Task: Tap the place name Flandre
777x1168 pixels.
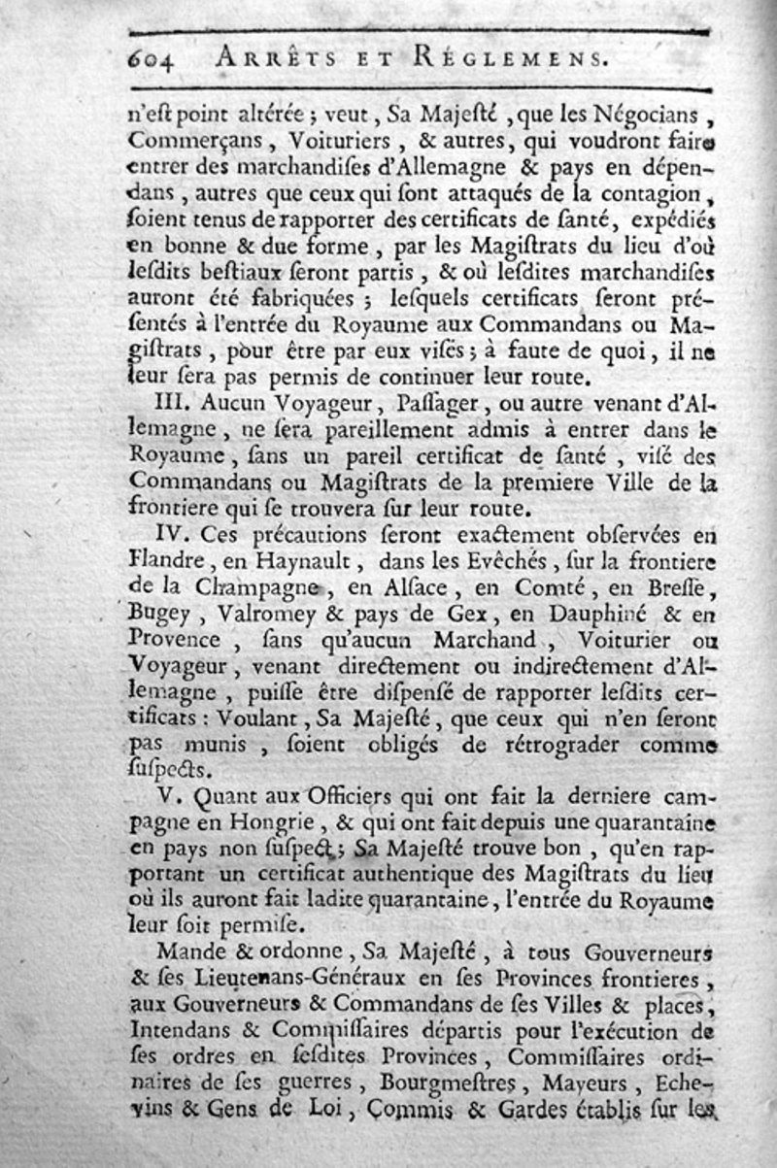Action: pyautogui.click(x=166, y=559)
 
